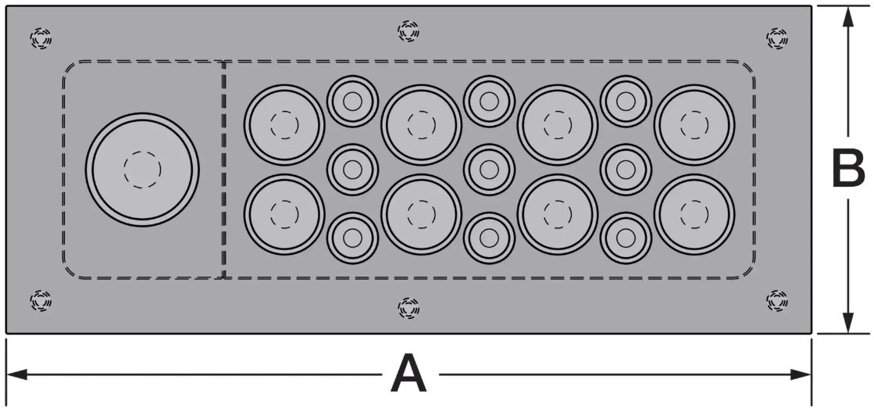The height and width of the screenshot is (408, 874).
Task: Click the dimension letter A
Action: point(408,374)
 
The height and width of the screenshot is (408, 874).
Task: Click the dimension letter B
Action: point(847,168)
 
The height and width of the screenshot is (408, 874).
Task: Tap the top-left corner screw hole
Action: point(41,37)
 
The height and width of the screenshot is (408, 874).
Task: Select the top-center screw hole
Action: point(408,31)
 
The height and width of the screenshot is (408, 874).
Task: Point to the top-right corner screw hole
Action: point(777,37)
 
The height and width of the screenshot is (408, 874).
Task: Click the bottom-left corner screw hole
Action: point(41,299)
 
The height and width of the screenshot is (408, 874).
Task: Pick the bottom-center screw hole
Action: point(408,309)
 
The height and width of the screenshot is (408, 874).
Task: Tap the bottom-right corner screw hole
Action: point(777,299)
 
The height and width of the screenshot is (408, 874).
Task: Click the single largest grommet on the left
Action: point(142,169)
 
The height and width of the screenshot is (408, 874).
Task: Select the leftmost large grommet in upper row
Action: point(284,124)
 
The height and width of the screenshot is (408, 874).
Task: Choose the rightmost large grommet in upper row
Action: point(694,124)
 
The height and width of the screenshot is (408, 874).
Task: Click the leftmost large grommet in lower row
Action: point(284,214)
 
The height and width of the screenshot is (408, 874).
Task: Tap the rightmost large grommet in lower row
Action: point(694,214)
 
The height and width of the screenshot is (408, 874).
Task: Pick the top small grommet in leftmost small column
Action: point(352,101)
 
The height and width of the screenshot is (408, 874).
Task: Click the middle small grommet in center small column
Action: point(489,169)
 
